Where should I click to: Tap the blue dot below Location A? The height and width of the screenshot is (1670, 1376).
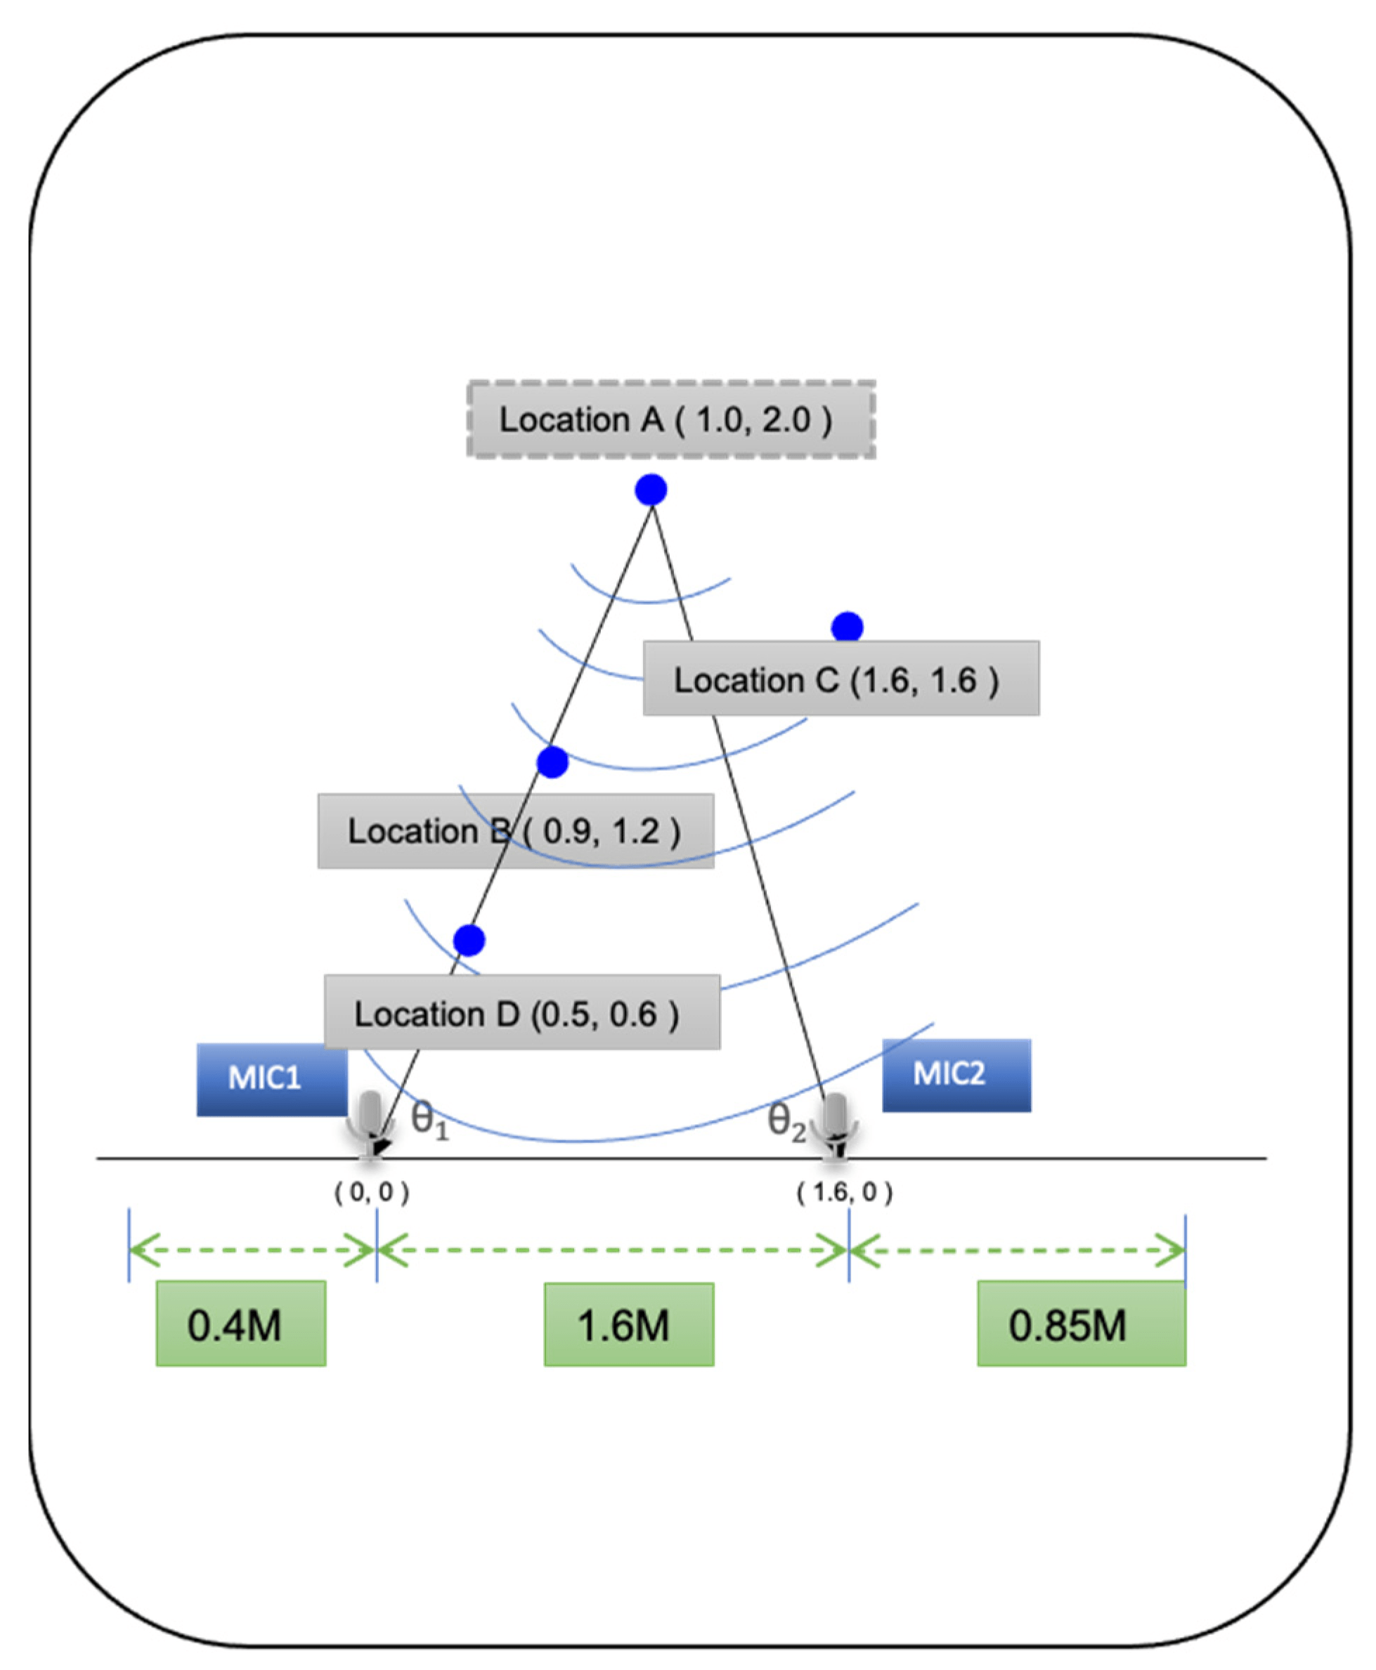(651, 490)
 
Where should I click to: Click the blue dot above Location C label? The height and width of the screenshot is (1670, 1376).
(848, 627)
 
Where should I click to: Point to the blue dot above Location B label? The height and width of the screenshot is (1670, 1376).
(552, 762)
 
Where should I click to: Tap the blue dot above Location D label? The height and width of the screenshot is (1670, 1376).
(469, 940)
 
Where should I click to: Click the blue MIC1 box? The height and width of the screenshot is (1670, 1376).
(272, 1079)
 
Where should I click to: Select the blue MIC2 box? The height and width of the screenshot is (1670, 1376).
(956, 1075)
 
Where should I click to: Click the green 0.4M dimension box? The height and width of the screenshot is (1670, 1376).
(241, 1323)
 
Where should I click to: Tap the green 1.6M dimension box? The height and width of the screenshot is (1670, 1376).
(628, 1324)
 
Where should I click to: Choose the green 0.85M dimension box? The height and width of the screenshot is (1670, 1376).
(1081, 1323)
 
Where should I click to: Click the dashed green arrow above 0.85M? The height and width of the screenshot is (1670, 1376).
(1017, 1251)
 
